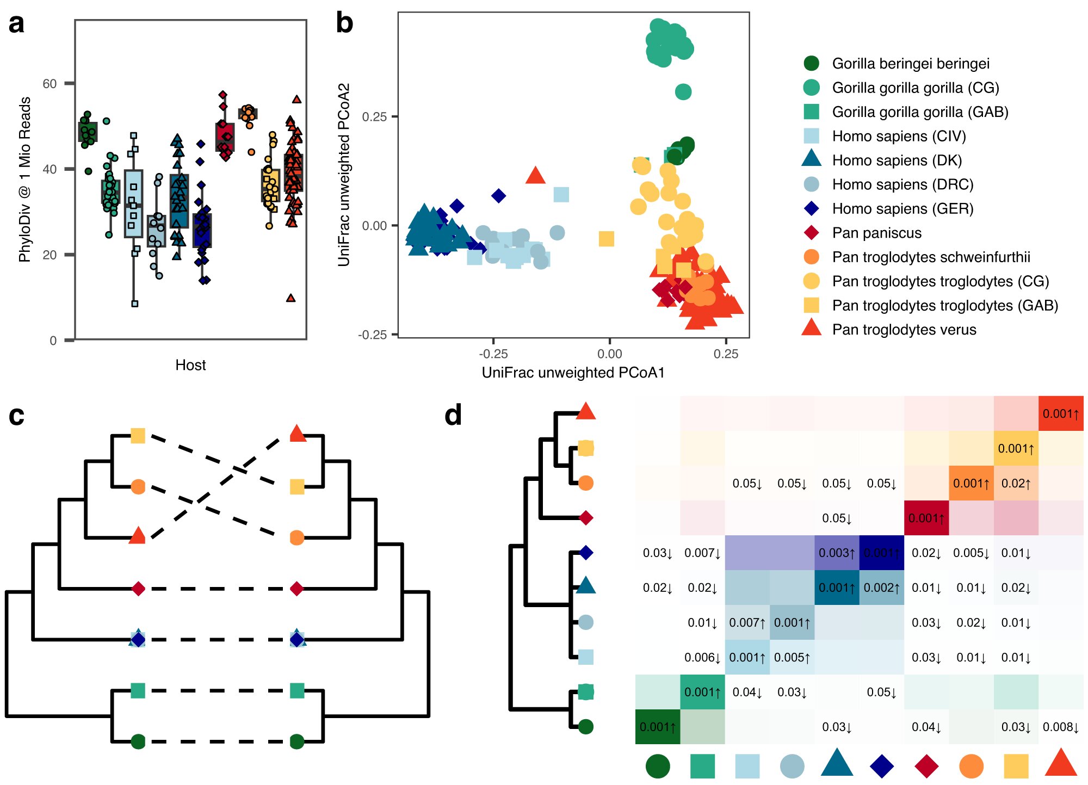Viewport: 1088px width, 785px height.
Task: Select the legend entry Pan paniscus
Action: (876, 233)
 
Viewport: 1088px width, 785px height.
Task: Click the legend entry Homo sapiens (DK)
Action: (897, 160)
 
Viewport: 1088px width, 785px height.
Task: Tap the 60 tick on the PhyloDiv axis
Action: (50, 84)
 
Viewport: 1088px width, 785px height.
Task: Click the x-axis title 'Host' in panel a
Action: (190, 365)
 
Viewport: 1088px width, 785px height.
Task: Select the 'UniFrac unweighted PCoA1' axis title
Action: (573, 373)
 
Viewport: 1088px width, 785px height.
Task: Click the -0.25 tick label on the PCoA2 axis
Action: (373, 335)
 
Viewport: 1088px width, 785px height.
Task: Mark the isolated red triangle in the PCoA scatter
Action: (536, 176)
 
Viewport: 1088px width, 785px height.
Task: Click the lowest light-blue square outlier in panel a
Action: (135, 304)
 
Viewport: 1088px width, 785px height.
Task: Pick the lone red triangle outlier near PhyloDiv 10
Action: (291, 298)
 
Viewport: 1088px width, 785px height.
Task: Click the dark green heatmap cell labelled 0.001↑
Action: (658, 727)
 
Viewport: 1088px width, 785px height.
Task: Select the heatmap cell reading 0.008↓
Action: (1061, 727)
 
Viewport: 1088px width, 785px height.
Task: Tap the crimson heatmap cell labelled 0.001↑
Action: (926, 518)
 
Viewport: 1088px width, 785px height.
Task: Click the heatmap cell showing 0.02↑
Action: (1016, 483)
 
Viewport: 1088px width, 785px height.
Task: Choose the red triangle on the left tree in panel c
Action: (137, 536)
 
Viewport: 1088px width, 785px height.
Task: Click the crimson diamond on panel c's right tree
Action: (296, 589)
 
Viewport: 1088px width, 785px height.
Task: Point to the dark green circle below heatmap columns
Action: (658, 766)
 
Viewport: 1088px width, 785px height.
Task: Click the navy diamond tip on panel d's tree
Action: (586, 553)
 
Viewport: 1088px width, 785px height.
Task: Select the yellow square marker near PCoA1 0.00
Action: (606, 238)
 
